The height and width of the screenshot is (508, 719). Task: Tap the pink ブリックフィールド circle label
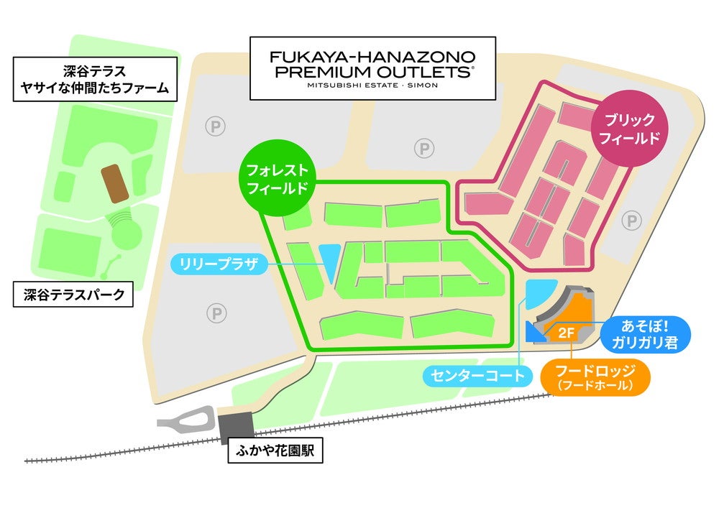tap(628, 129)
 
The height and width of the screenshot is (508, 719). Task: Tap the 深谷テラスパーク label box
tap(74, 294)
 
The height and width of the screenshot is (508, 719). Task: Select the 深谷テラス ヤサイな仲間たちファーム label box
tap(96, 80)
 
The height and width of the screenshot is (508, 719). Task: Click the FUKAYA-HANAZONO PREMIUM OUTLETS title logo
tap(372, 68)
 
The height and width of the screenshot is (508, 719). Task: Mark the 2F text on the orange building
tap(566, 333)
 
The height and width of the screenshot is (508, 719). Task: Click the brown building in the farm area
tap(115, 183)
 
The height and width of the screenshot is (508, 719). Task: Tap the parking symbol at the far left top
tap(214, 126)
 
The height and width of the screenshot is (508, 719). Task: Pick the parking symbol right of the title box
tap(424, 149)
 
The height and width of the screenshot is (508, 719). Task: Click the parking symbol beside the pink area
tap(631, 221)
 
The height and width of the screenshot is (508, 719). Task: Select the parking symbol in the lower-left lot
tap(215, 313)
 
